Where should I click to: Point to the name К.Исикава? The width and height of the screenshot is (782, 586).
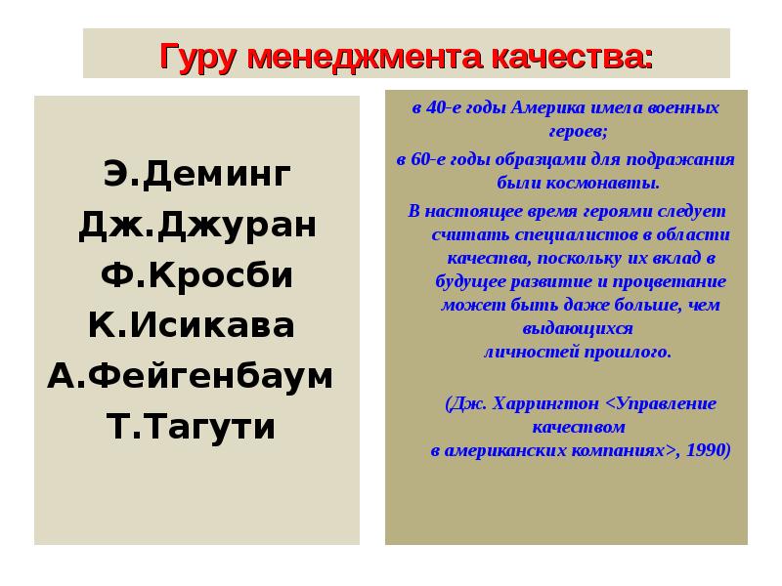pyautogui.click(x=191, y=325)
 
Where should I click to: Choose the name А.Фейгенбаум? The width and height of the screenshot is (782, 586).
pyautogui.click(x=191, y=376)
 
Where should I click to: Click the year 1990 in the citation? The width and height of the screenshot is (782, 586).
pyautogui.click(x=706, y=451)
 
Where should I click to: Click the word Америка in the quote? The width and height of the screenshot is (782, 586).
pyautogui.click(x=557, y=107)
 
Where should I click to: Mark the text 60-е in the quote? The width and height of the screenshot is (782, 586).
pyautogui.click(x=429, y=159)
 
